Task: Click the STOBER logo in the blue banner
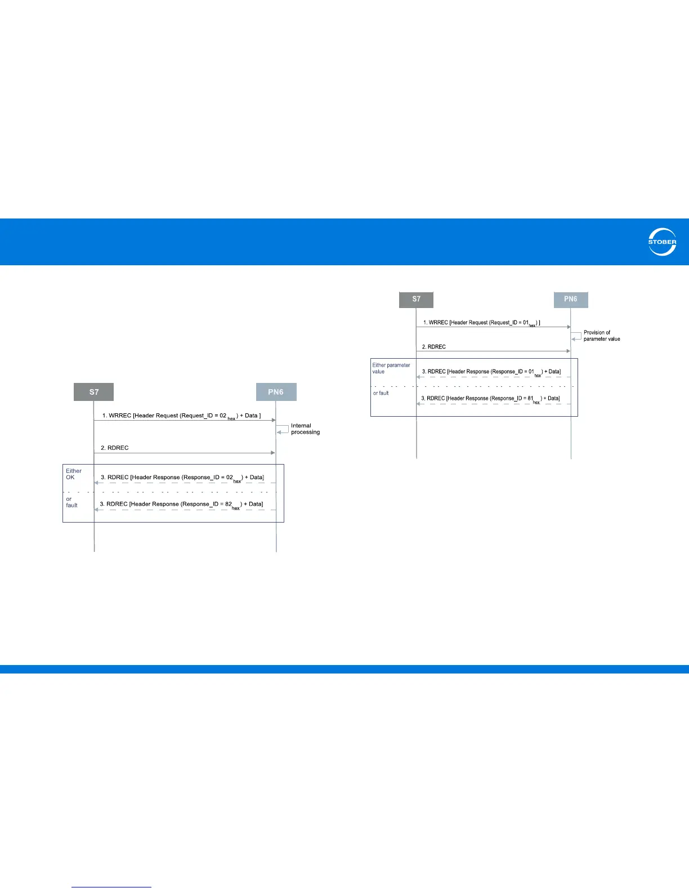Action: click(x=662, y=242)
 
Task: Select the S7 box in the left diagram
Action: click(x=94, y=392)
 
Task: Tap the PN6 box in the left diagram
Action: click(x=276, y=392)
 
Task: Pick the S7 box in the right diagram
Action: click(x=416, y=299)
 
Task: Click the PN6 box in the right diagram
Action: click(x=570, y=299)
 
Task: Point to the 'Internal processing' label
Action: click(x=305, y=429)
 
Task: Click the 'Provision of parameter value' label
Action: click(x=601, y=336)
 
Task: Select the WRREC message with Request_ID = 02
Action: click(x=181, y=416)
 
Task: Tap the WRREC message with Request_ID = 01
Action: click(x=481, y=323)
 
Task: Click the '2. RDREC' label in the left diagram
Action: click(x=115, y=448)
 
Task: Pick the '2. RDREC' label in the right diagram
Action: click(x=434, y=347)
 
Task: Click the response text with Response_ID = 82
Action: click(x=181, y=505)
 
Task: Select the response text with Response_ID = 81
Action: click(x=490, y=399)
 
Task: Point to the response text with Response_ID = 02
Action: click(x=182, y=478)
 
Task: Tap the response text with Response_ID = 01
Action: click(x=491, y=372)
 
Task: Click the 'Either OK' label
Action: click(x=73, y=474)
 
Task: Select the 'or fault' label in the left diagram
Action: click(x=71, y=502)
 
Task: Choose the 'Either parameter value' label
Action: click(x=391, y=368)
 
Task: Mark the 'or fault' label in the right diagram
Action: click(x=381, y=393)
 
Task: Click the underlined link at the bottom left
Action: click(x=111, y=887)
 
